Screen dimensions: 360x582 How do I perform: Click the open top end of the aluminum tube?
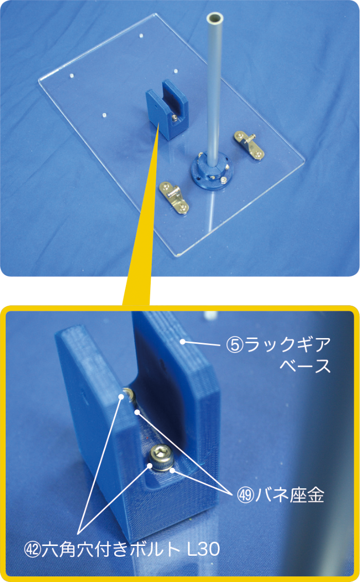click(215, 18)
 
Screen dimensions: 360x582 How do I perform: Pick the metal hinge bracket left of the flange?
click(174, 197)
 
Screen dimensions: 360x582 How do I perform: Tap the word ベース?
click(305, 365)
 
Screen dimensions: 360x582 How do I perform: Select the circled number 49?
click(246, 495)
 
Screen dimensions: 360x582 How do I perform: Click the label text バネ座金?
click(290, 495)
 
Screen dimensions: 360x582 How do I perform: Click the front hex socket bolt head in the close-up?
click(161, 457)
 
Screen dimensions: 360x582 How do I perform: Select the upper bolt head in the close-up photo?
click(129, 394)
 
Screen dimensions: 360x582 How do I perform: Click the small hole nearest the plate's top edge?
click(141, 36)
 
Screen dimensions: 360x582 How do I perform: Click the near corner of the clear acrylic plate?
click(177, 256)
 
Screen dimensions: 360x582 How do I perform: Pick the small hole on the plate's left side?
click(72, 75)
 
